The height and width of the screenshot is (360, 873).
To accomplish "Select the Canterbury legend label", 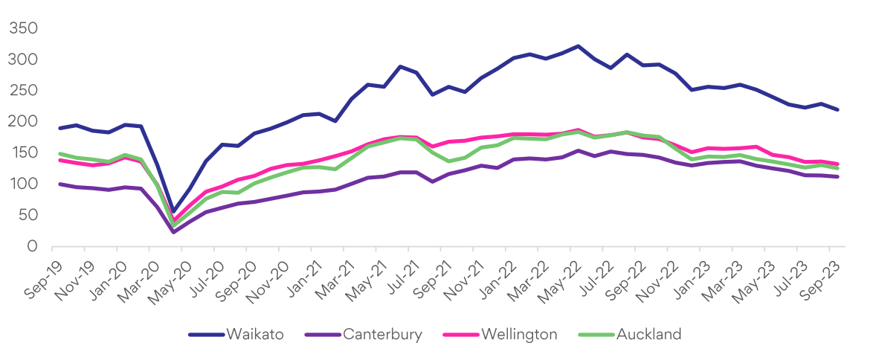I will point(382,335).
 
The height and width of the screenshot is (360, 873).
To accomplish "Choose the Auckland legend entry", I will point(648,335).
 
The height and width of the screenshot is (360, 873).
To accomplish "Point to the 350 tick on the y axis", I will point(22,28).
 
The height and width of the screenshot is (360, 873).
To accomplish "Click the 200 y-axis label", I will point(22,121).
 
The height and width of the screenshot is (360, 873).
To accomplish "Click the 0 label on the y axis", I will point(31,246).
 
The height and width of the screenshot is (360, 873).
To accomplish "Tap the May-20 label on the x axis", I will point(170,272).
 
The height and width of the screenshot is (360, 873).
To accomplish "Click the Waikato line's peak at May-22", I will point(578,46).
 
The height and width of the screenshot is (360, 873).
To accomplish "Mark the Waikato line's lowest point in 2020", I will point(173,212).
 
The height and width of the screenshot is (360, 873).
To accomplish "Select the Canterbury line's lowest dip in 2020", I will point(173,232).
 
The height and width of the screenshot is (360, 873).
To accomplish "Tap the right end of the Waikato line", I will point(838,109).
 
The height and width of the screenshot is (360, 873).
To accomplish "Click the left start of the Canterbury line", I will point(59,184).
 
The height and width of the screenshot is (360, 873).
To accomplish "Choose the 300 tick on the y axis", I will point(22,60).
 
